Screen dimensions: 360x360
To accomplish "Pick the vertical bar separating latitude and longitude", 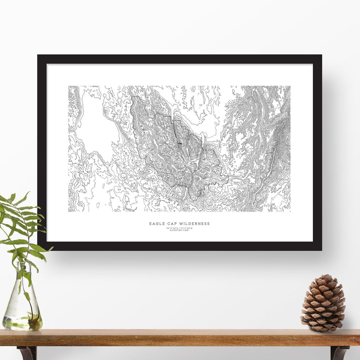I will (x=179, y=228).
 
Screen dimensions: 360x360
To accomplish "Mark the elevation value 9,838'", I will (x=186, y=230).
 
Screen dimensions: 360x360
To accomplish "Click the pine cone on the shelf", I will (x=323, y=303).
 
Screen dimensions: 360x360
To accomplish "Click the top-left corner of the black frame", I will (x=38, y=56).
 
